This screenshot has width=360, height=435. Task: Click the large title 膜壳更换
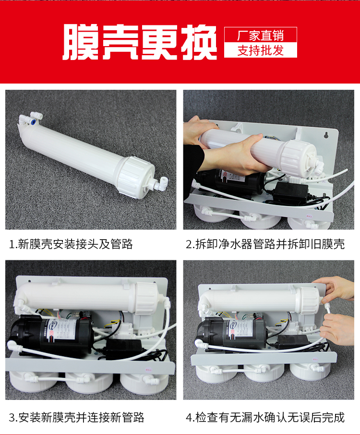click(x=140, y=42)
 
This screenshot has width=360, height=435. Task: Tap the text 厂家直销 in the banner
click(x=261, y=36)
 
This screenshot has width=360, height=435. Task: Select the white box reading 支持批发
click(x=261, y=50)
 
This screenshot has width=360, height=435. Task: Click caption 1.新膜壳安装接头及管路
click(x=71, y=244)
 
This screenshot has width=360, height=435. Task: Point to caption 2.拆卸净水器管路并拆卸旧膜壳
click(x=265, y=244)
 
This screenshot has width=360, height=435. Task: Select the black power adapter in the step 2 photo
click(x=290, y=192)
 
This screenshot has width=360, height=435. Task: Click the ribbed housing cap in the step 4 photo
click(x=309, y=301)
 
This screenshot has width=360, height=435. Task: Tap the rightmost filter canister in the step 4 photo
click(x=310, y=372)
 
